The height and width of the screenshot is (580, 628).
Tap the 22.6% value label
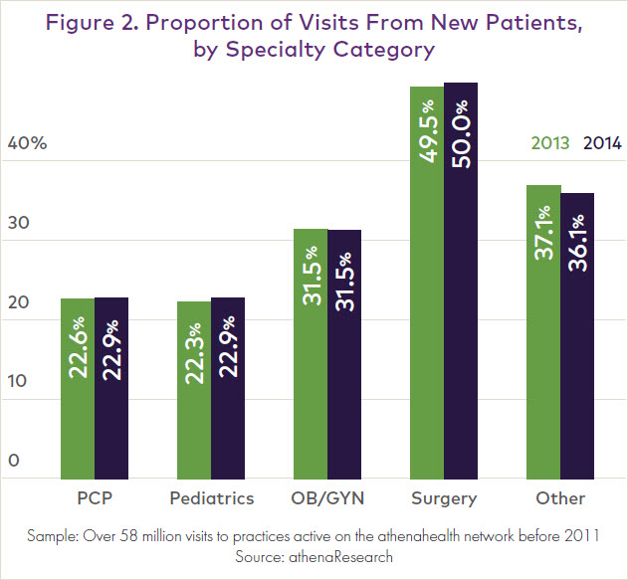click(79, 346)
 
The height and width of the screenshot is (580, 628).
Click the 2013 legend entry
click(549, 143)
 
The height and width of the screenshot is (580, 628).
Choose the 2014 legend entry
click(601, 143)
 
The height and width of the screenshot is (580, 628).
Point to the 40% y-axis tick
click(27, 143)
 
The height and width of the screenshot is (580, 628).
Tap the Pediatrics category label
click(213, 498)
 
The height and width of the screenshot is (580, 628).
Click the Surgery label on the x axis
click(444, 498)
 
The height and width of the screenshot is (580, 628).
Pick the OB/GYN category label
click(327, 498)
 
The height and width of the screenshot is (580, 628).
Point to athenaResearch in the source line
click(344, 557)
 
